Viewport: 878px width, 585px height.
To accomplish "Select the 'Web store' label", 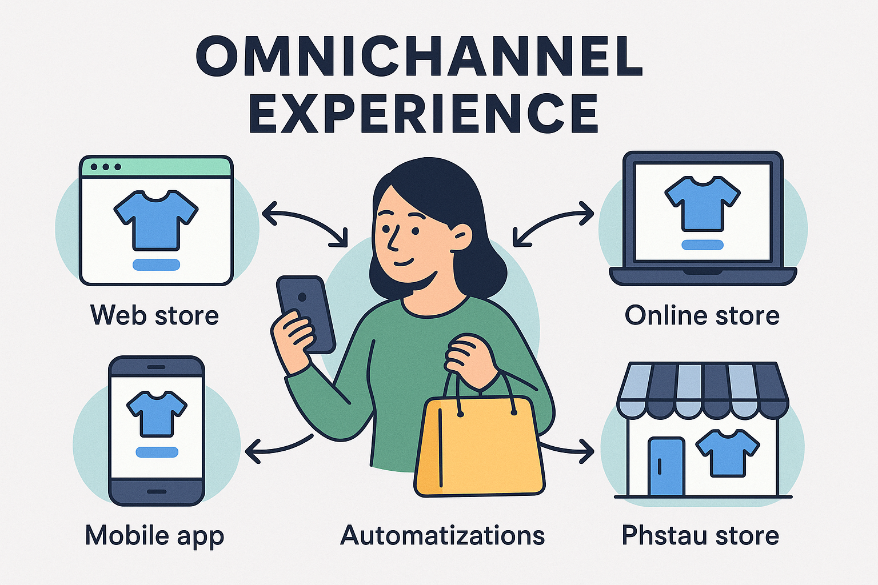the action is [154, 315].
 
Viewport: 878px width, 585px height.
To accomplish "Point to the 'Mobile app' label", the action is [154, 536].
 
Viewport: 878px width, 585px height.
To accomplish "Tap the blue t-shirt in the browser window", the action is [156, 220].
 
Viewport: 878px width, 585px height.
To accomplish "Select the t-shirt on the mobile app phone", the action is [157, 414].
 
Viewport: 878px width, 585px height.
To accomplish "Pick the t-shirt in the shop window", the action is [728, 453].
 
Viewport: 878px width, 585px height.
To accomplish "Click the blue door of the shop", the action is [667, 467].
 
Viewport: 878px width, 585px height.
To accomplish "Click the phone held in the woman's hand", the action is [306, 314].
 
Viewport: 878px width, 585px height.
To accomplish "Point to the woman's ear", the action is [463, 237].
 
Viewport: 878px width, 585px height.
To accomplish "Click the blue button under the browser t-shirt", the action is [156, 265].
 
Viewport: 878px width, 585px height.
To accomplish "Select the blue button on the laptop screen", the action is [703, 245].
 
